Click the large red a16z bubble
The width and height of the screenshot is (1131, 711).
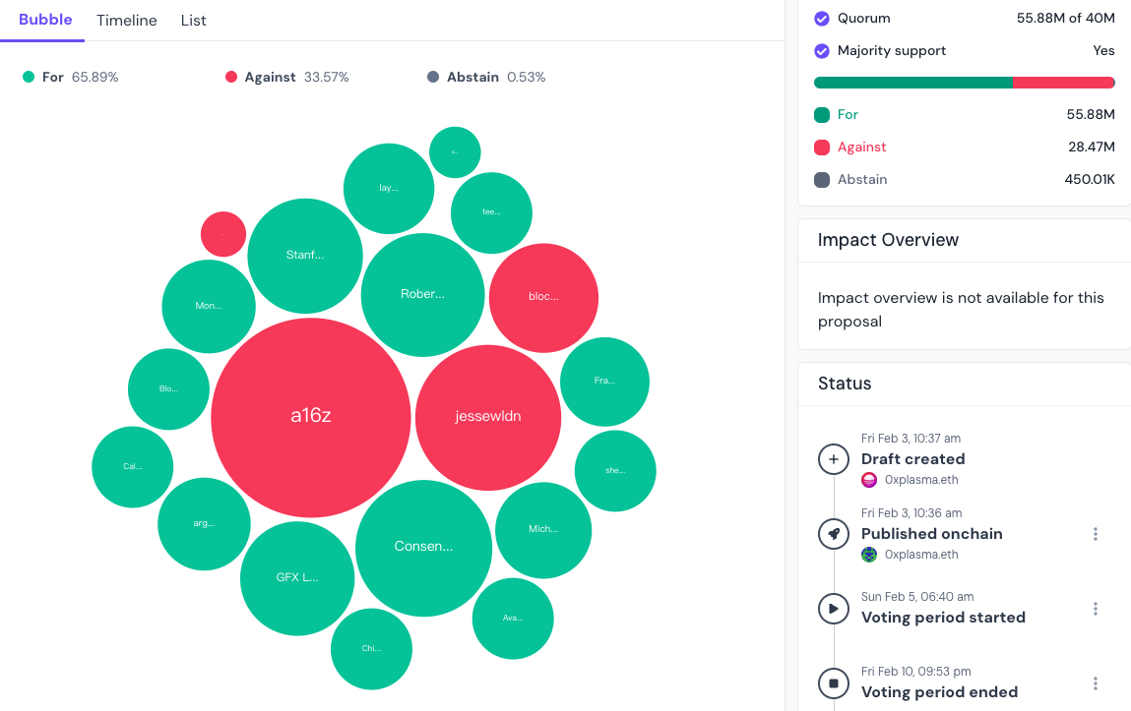coord(311,416)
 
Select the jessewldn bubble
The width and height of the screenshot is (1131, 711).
coord(488,417)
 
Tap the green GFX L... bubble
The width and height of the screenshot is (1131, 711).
coord(297,577)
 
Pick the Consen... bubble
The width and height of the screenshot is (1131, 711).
coord(423,547)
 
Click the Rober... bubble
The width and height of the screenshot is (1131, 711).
coord(422,294)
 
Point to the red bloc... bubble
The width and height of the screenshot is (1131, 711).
coord(543,297)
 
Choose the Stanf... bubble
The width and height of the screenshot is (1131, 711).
coord(305,256)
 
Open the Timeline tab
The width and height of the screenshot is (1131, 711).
coord(127,21)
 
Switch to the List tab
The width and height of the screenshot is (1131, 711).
coord(194,21)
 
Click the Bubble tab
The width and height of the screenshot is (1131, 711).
coord(45,20)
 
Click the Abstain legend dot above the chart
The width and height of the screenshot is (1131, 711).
coord(433,78)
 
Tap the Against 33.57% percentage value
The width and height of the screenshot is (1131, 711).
coord(327,78)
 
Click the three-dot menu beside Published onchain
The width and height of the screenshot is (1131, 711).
coord(1096,534)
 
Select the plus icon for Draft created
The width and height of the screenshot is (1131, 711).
coord(834,458)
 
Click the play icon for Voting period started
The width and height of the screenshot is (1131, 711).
coord(834,608)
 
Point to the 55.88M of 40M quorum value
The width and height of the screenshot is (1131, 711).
coord(1065,18)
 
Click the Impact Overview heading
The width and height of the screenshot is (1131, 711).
coord(888,240)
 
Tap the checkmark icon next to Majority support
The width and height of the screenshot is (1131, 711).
coord(822,51)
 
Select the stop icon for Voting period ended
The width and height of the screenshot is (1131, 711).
coord(834,682)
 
